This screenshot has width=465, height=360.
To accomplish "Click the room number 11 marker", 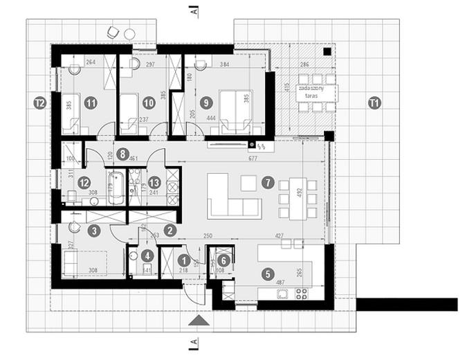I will point(90,102).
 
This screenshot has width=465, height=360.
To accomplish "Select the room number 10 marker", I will point(147,102).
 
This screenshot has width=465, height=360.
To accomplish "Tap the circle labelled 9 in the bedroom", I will point(204,102).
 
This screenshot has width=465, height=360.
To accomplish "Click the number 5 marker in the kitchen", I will point(267,273).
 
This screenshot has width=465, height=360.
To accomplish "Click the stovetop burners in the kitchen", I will point(302,294).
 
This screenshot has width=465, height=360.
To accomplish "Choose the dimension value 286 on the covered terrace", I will point(302,64).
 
